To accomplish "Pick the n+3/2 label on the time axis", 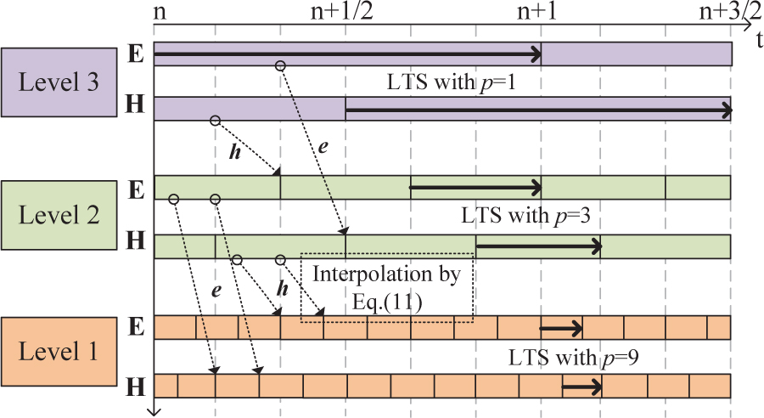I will (x=728, y=12).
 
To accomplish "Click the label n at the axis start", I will (x=160, y=14).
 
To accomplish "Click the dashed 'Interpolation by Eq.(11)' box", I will (x=386, y=286).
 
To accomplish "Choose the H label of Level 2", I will (x=134, y=240).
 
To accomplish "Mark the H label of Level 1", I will (x=134, y=386).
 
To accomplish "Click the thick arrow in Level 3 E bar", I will (x=348, y=54).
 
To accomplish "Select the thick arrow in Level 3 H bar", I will (x=538, y=109).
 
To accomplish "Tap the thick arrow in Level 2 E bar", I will (x=475, y=187).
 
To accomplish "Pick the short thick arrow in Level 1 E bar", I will (x=561, y=327).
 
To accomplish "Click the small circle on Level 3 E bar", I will (x=281, y=65).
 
